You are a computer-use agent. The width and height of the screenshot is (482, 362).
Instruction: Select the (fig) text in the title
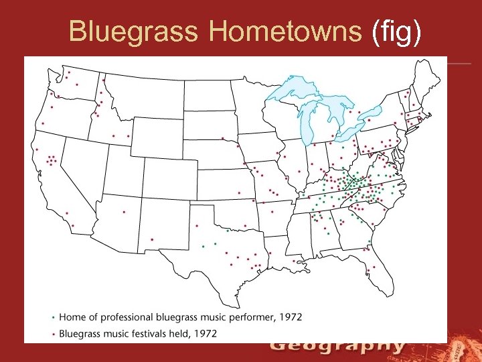(397, 32)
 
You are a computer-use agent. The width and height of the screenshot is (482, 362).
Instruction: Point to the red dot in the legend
(54, 333)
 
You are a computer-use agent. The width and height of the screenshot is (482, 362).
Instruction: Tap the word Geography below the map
(338, 346)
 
